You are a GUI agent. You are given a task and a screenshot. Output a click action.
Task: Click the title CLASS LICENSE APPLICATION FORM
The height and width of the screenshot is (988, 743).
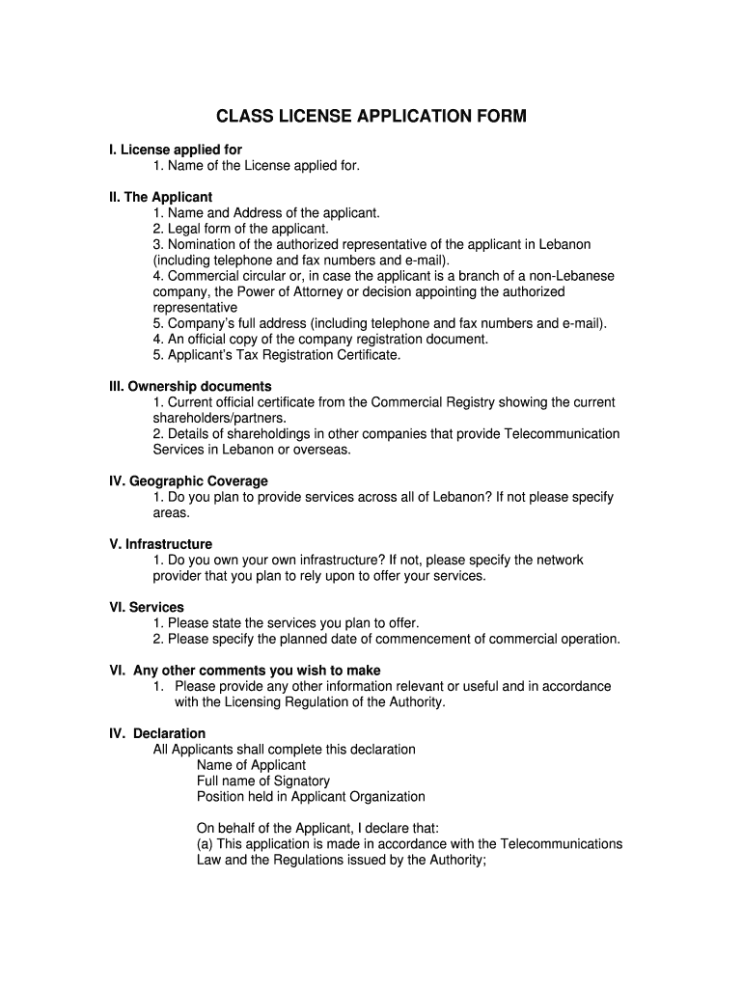371,117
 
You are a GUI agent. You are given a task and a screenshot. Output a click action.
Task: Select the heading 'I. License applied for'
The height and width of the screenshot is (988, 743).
175,150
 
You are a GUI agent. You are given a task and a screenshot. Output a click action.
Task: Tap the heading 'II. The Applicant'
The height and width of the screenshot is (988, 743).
160,197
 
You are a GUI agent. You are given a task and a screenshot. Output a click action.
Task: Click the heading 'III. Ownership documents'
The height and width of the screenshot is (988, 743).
190,386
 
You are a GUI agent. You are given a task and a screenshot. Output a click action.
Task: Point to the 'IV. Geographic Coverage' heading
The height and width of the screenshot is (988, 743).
188,480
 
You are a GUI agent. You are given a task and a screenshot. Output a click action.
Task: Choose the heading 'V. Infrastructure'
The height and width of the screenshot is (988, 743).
160,544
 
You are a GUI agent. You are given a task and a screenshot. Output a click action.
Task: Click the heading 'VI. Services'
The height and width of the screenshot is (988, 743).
146,607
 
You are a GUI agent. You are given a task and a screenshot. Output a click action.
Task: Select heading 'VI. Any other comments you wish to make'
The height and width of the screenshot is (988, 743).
244,670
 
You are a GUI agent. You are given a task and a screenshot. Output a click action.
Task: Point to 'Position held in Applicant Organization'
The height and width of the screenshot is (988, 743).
311,796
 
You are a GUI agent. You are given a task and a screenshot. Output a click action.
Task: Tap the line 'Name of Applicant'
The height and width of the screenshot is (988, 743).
251,765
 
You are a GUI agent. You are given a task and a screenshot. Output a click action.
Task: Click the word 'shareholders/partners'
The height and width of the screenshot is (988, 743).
219,418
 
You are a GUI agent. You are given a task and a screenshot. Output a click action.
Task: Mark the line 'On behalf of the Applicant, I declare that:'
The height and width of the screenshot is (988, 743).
317,828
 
